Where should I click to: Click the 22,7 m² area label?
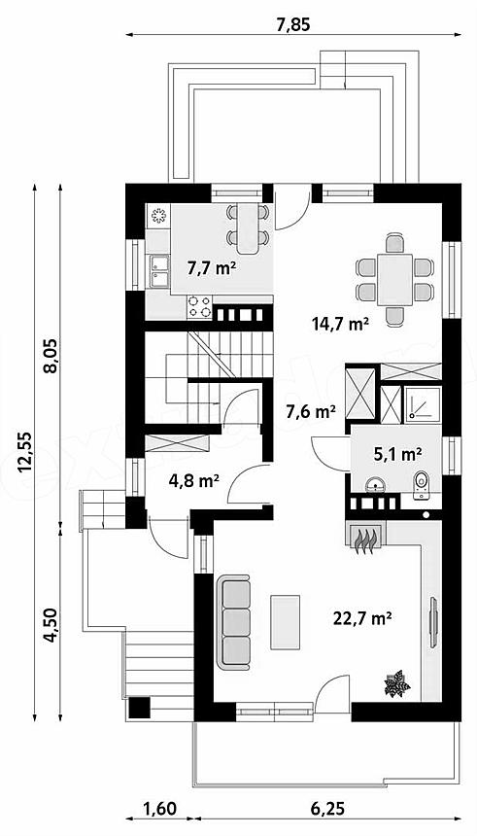362,618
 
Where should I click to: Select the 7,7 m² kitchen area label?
212,268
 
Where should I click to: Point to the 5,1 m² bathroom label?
397,454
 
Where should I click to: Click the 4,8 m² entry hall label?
194,481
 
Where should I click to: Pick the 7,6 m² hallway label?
311,411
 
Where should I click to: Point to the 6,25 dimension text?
326,808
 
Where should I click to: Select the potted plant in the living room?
397,684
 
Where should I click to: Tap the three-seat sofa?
233,622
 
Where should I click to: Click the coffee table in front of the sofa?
286,622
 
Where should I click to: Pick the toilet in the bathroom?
421,485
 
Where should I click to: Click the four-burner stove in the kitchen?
199,307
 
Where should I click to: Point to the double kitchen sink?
159,271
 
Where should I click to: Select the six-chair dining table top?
395,280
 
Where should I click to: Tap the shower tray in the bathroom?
423,404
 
